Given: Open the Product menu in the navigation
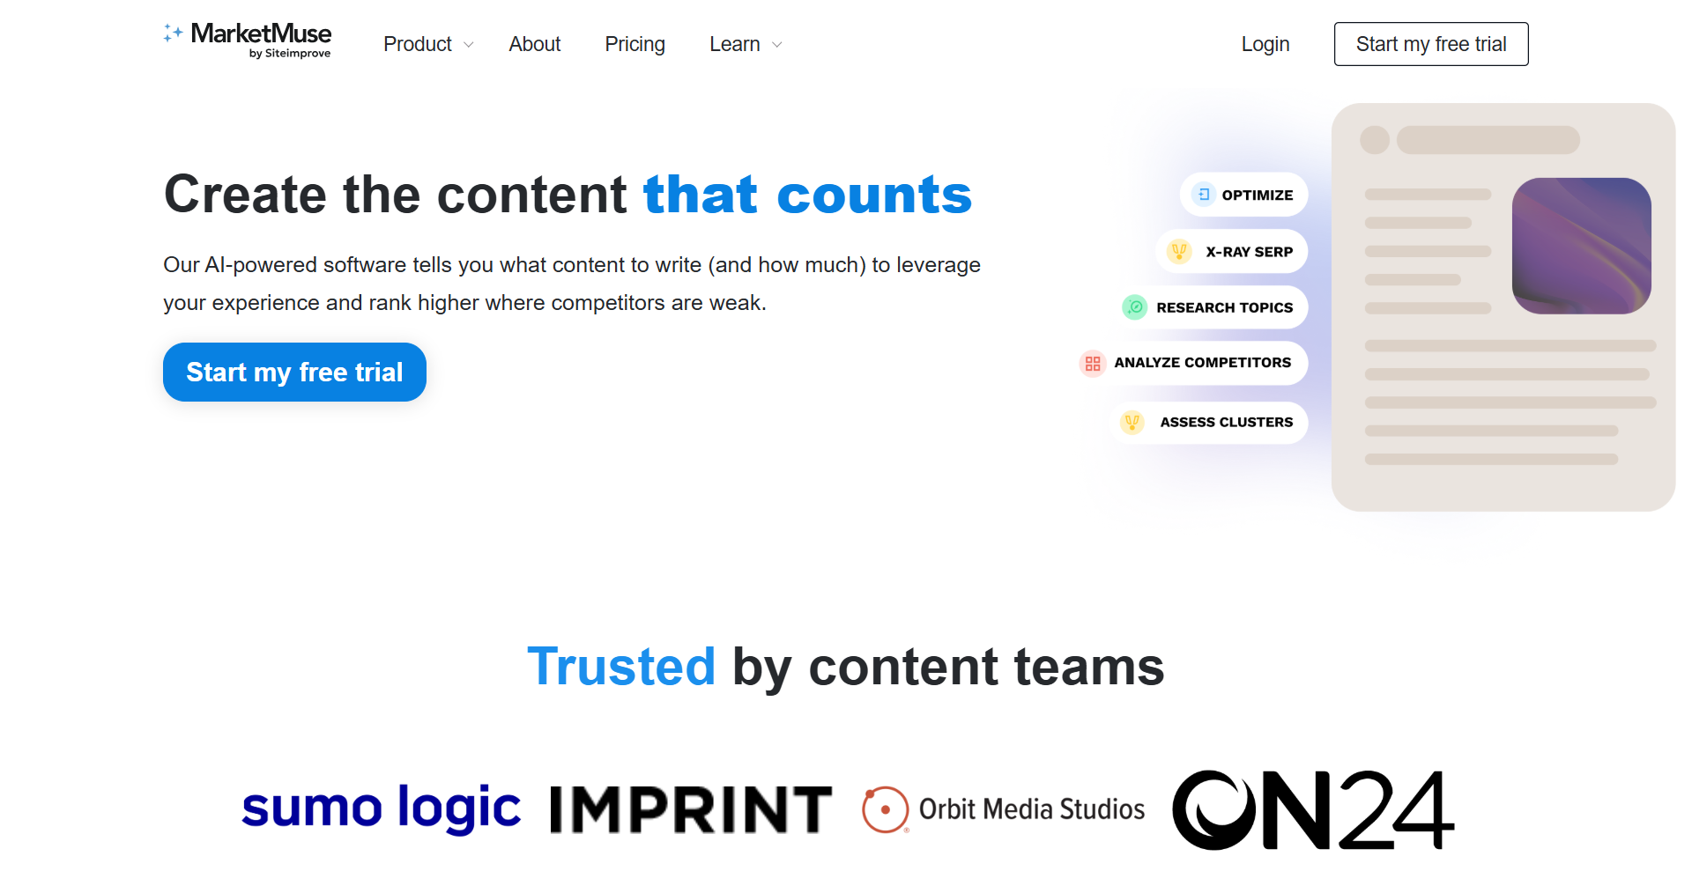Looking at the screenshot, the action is (428, 44).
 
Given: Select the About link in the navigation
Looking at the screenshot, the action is (534, 44).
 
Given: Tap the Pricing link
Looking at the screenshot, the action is (634, 44).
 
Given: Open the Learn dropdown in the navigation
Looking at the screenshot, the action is (746, 44).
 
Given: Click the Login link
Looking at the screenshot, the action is (1265, 44).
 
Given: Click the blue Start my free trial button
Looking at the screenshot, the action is (294, 372).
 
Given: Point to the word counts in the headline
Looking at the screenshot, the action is (874, 195).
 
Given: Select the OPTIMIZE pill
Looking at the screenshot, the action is (1243, 195).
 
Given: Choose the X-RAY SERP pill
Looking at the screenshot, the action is (1232, 251).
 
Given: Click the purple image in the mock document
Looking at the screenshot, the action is (1581, 246).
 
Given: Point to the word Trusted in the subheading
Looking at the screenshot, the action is (621, 667).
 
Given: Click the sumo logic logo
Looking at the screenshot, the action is (381, 808).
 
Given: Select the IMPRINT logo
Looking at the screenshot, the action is (691, 809).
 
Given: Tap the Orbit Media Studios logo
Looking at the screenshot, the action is (1003, 809).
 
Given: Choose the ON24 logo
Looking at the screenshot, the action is (1313, 809).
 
